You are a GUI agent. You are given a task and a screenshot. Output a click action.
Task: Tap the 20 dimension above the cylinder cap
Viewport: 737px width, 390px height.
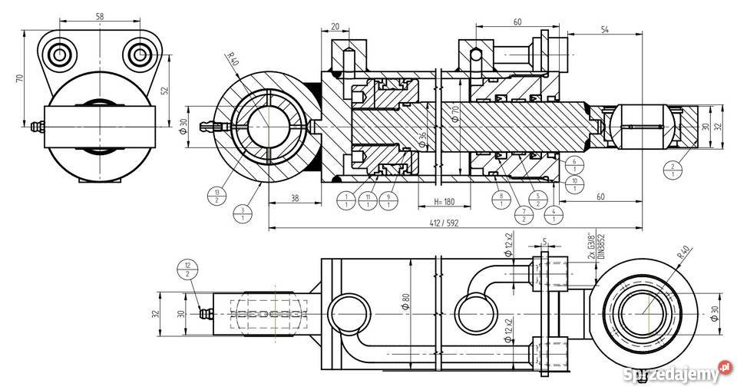pyautogui.click(x=335, y=26)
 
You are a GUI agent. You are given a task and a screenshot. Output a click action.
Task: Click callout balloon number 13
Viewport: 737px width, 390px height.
pyautogui.click(x=217, y=196)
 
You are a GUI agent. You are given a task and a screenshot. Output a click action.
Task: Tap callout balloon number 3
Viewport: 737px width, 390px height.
pyautogui.click(x=243, y=213)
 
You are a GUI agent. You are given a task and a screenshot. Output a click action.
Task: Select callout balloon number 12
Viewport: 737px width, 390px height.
pyautogui.click(x=187, y=271)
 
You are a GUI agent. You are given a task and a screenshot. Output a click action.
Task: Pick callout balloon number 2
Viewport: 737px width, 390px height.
pyautogui.click(x=673, y=170)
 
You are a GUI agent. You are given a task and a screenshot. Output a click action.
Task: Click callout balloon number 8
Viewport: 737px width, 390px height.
pyautogui.click(x=501, y=201)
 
